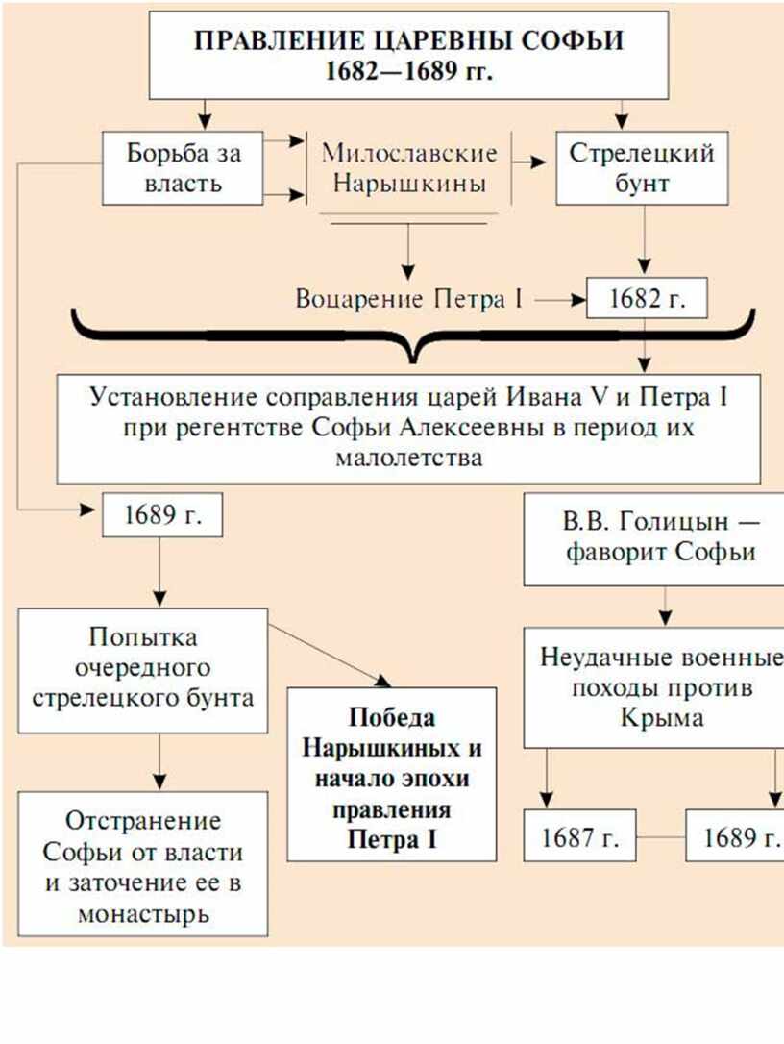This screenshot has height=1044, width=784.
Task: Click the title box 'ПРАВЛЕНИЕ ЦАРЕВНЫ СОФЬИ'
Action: click(x=408, y=55)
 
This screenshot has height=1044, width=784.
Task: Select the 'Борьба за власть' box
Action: click(x=183, y=168)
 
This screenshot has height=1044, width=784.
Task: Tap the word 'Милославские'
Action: click(x=409, y=153)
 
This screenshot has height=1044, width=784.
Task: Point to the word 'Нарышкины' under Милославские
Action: click(x=409, y=183)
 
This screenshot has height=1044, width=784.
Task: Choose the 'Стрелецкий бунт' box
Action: click(x=642, y=168)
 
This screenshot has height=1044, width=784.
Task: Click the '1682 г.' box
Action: click(x=647, y=299)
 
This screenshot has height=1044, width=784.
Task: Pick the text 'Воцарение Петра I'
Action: click(x=409, y=299)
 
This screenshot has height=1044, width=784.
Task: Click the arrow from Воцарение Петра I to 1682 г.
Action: click(x=560, y=300)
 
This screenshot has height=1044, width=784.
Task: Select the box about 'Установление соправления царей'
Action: click(x=408, y=429)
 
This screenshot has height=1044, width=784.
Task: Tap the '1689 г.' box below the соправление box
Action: click(x=161, y=514)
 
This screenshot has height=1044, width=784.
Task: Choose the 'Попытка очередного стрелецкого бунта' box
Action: click(x=143, y=670)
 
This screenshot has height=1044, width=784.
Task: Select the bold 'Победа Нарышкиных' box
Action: click(x=392, y=774)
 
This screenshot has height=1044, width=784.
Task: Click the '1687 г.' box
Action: click(x=579, y=835)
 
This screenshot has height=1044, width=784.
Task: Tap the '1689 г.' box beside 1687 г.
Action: click(x=736, y=835)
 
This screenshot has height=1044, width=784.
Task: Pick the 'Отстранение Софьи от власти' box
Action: click(x=143, y=864)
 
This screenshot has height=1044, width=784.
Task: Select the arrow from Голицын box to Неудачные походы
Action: click(x=665, y=607)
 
